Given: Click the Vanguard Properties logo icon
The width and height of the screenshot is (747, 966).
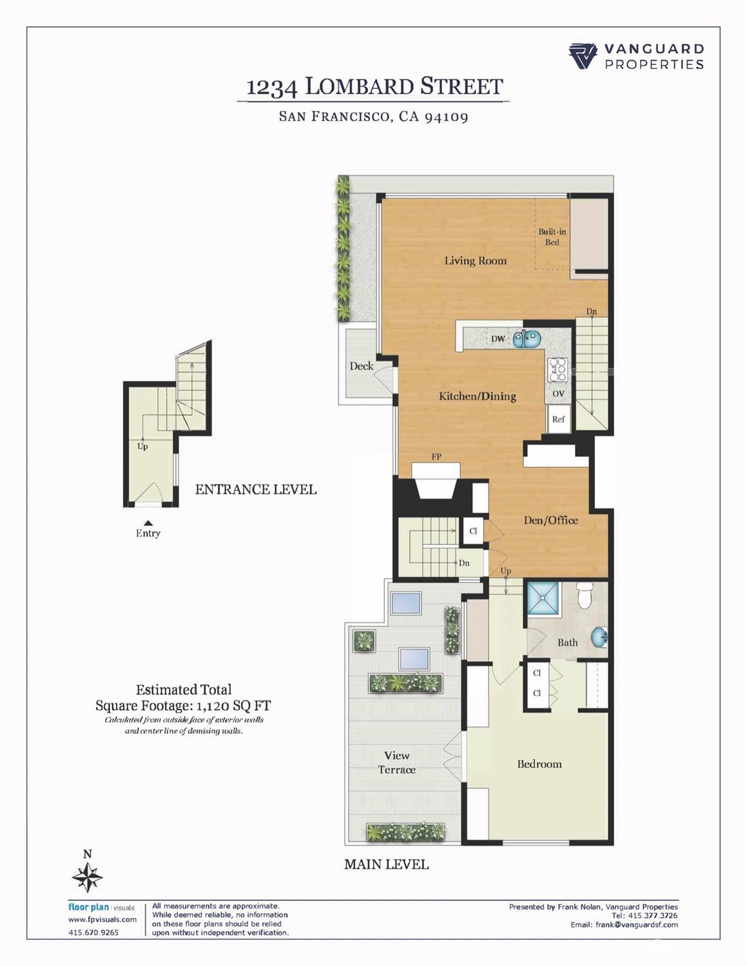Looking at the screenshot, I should pyautogui.click(x=583, y=56).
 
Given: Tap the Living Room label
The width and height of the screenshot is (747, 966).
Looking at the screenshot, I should pyautogui.click(x=475, y=261).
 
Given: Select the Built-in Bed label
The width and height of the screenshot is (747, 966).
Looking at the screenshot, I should pyautogui.click(x=552, y=237).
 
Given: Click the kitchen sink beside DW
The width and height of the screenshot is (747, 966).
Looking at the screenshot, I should pyautogui.click(x=527, y=338).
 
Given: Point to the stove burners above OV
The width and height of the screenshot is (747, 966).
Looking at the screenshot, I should pyautogui.click(x=557, y=370).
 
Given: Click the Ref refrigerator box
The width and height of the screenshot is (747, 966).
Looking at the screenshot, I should pyautogui.click(x=558, y=419).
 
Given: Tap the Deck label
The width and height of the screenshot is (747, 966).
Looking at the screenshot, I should pyautogui.click(x=362, y=366).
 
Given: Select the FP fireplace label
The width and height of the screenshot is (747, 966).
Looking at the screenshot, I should pyautogui.click(x=436, y=457).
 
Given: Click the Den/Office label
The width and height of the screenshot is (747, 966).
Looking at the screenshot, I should pyautogui.click(x=550, y=520).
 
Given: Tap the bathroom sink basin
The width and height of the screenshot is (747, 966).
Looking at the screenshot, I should pyautogui.click(x=599, y=637).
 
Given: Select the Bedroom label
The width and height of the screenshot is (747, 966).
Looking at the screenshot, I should pyautogui.click(x=539, y=764).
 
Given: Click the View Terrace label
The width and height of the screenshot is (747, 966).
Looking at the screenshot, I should pyautogui.click(x=396, y=762).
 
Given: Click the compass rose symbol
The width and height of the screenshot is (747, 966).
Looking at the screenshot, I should pyautogui.click(x=87, y=877).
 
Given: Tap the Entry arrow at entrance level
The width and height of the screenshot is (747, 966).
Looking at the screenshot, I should pyautogui.click(x=148, y=523).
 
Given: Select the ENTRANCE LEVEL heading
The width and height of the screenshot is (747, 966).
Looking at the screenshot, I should pyautogui.click(x=256, y=490).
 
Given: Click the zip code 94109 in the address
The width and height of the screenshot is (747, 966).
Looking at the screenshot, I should pyautogui.click(x=446, y=117).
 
